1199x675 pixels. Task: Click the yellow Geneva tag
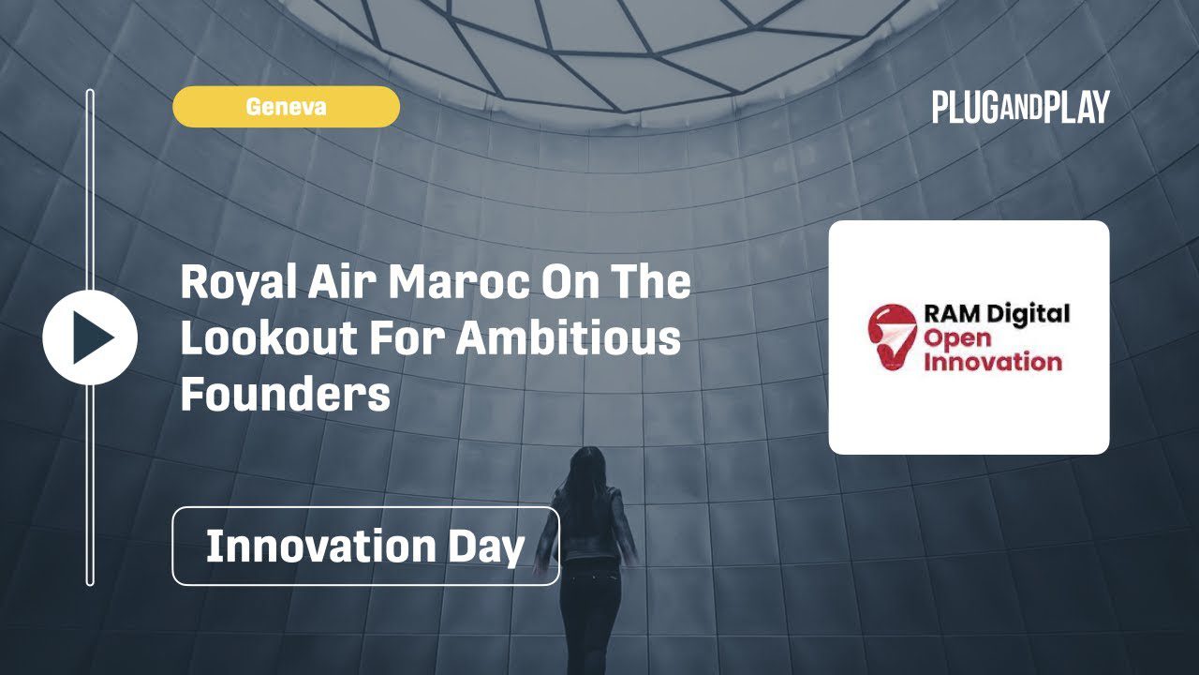286,107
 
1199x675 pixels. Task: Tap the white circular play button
90,337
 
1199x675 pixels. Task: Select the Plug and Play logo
1021,107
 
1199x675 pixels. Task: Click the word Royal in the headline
239,283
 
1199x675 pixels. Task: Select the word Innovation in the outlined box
321,546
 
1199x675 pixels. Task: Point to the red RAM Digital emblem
893,337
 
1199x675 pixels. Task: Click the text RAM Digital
997,315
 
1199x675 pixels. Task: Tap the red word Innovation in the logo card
993,361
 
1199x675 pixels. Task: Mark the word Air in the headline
343,282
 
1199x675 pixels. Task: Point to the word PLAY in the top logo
1076,107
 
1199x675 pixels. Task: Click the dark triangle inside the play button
92,337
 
